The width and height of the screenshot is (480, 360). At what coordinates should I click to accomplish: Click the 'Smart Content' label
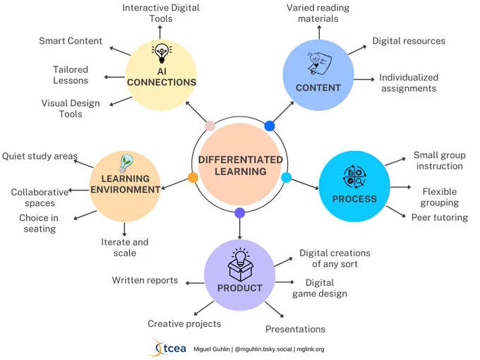coord(71,41)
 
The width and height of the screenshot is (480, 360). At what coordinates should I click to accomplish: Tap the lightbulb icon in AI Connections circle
coord(162,54)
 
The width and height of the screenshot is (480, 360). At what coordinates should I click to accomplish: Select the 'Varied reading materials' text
coord(318,13)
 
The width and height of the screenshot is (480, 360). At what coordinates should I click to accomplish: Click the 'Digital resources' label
coord(409,41)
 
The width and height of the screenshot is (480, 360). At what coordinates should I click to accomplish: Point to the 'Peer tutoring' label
coord(440,217)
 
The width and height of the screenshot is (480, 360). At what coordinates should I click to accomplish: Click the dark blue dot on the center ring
coord(270,126)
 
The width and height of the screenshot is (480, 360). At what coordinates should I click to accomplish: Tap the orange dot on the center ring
coord(193,178)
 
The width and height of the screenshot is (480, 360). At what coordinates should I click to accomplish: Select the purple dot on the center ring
coord(240,212)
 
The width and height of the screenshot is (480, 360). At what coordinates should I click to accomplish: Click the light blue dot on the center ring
coord(286,178)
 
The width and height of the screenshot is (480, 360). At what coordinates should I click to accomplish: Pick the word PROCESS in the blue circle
coord(354,199)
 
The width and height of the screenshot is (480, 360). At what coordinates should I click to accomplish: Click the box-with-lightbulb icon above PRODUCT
coord(241,265)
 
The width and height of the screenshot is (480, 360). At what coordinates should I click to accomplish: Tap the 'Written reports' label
coord(145,280)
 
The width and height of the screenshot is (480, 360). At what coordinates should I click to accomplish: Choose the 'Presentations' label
coord(295,329)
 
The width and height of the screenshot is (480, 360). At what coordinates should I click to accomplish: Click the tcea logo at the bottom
coord(169,348)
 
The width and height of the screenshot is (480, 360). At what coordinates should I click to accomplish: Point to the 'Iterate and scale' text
coord(125,248)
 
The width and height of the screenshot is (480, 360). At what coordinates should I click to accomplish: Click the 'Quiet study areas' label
coord(40,156)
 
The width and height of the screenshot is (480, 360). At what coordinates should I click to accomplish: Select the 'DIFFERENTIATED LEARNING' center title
coord(240,166)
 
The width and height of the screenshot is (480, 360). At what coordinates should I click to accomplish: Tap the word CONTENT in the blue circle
coord(318,88)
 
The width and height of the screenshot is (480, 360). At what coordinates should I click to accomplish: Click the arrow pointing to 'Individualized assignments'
coord(364,79)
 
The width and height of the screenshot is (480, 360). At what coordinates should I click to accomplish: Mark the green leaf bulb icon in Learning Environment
coord(126,163)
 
